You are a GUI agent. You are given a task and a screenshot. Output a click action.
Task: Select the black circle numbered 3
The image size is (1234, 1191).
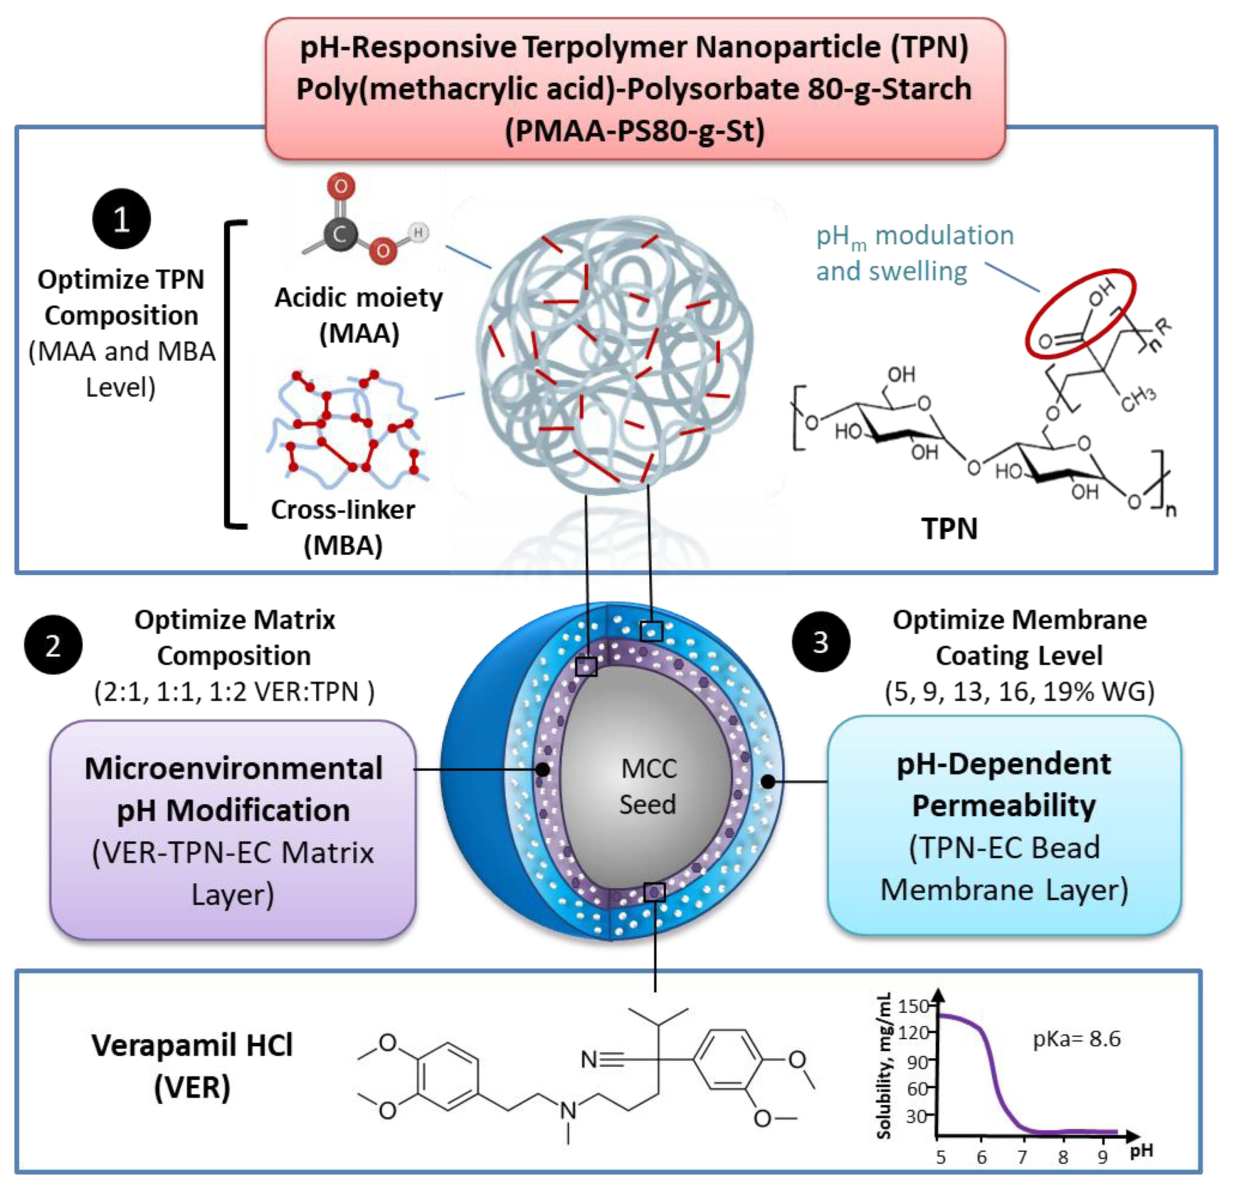[820, 642]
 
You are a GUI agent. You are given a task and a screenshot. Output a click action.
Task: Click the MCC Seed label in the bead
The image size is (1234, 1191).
[648, 786]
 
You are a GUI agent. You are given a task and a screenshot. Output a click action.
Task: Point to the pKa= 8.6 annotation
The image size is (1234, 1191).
[1076, 1038]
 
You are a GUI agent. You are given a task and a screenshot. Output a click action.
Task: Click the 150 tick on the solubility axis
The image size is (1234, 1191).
[913, 1005]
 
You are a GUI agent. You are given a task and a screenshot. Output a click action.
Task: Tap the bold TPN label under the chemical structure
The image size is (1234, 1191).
[950, 528]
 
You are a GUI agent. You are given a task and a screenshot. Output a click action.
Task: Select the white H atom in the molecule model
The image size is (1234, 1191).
[417, 232]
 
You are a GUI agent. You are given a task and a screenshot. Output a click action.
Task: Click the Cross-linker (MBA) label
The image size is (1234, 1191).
[343, 527]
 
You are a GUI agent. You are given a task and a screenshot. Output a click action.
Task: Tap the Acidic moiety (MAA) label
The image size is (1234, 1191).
[359, 315]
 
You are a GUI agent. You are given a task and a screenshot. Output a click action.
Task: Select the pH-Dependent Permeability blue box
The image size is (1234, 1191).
[1004, 825]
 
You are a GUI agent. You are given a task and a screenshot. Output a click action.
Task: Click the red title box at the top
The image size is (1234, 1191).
[635, 88]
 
